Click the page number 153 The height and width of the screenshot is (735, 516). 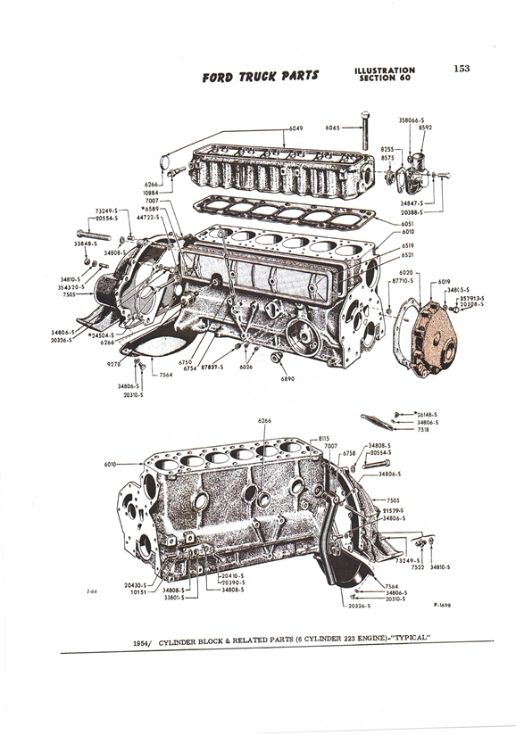tap(462, 69)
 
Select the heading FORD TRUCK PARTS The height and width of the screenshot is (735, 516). tap(260, 76)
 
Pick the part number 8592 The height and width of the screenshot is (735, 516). tap(427, 127)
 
